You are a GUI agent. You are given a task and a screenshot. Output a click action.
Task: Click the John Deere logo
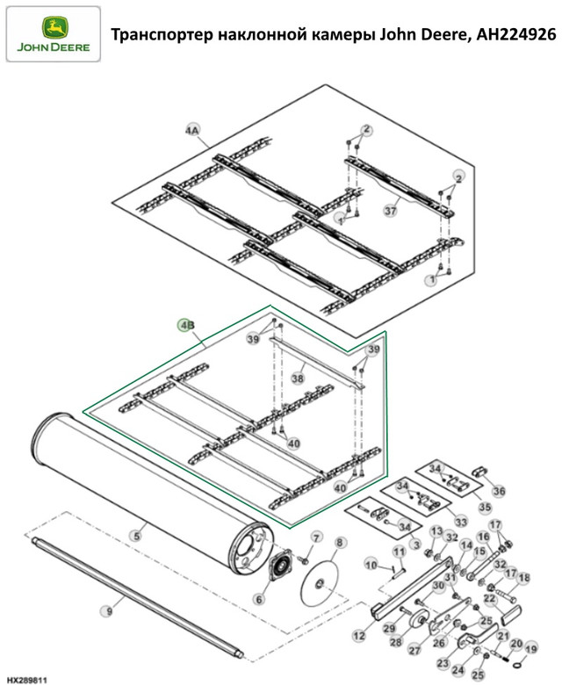pyautogui.click(x=54, y=33)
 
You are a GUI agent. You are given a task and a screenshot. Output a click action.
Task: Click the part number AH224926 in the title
pyautogui.click(x=516, y=34)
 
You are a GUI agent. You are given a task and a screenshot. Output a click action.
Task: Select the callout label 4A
pyautogui.click(x=192, y=131)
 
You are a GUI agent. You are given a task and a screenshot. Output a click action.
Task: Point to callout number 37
pyautogui.click(x=391, y=211)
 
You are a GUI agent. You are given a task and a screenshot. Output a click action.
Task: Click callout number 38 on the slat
pyautogui.click(x=298, y=378)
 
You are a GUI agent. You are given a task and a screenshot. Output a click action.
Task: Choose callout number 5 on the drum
pyautogui.click(x=137, y=536)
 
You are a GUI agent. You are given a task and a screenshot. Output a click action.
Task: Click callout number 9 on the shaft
pyautogui.click(x=108, y=611)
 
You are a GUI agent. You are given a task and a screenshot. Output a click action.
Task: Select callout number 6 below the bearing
pyautogui.click(x=259, y=599)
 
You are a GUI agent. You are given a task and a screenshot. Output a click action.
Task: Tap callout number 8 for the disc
pyautogui.click(x=340, y=543)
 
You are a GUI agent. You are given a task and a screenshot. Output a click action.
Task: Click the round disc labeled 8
pyautogui.click(x=320, y=583)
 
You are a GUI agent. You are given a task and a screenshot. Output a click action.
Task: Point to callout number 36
pyautogui.click(x=499, y=491)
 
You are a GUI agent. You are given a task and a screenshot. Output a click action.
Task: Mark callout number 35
pyautogui.click(x=485, y=508)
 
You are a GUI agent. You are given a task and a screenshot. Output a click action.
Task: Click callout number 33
pyautogui.click(x=460, y=521)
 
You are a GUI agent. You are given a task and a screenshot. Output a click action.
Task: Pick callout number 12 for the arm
pyautogui.click(x=359, y=635)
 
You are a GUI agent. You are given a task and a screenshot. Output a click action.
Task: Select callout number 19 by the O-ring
pyautogui.click(x=530, y=649)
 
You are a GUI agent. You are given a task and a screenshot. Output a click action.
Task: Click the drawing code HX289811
pyautogui.click(x=26, y=681)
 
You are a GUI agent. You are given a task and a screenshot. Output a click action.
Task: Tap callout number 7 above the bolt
pyautogui.click(x=316, y=537)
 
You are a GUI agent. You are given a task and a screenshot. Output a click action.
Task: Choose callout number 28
pyautogui.click(x=395, y=642)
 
